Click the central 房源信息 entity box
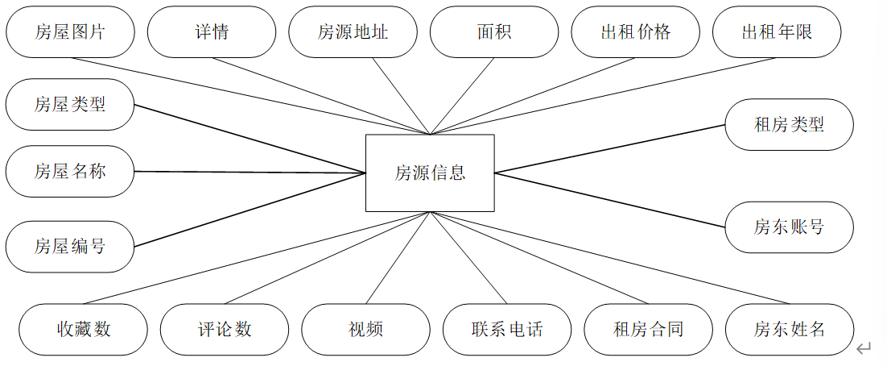pyautogui.click(x=430, y=173)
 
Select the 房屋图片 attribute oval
pyautogui.click(x=70, y=32)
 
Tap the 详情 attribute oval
pyautogui.click(x=212, y=32)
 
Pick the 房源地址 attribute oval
pyautogui.click(x=353, y=32)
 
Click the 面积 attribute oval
pyautogui.click(x=494, y=32)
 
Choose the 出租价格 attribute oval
pyautogui.click(x=635, y=32)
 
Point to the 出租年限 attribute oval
pyautogui.click(x=777, y=32)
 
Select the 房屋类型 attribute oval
pyautogui.click(x=70, y=104)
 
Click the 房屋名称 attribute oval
pyautogui.click(x=70, y=171)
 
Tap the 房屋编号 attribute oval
pyautogui.click(x=70, y=246)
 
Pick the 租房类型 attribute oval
pyautogui.click(x=789, y=125)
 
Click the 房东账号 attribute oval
pyautogui.click(x=789, y=227)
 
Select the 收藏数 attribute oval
pyautogui.click(x=84, y=329)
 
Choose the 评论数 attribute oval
pyautogui.click(x=225, y=329)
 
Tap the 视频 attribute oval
pyautogui.click(x=366, y=329)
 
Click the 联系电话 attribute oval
pyautogui.click(x=507, y=329)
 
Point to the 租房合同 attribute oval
pyautogui.click(x=648, y=329)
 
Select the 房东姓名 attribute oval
pyautogui.click(x=790, y=329)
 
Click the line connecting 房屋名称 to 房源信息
pyautogui.click(x=250, y=172)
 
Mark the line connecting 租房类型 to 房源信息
pyautogui.click(x=609, y=149)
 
